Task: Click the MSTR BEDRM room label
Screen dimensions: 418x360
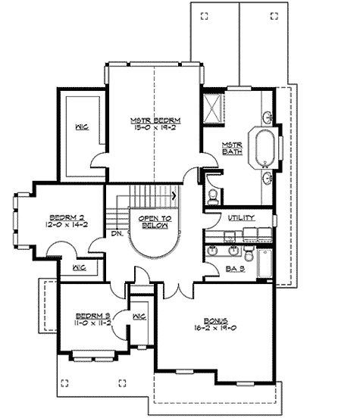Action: pos(155,120)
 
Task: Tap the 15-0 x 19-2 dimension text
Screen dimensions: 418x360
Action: pos(155,128)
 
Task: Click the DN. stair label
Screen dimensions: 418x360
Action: pos(117,233)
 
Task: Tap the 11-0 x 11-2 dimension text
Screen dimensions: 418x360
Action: pos(91,323)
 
